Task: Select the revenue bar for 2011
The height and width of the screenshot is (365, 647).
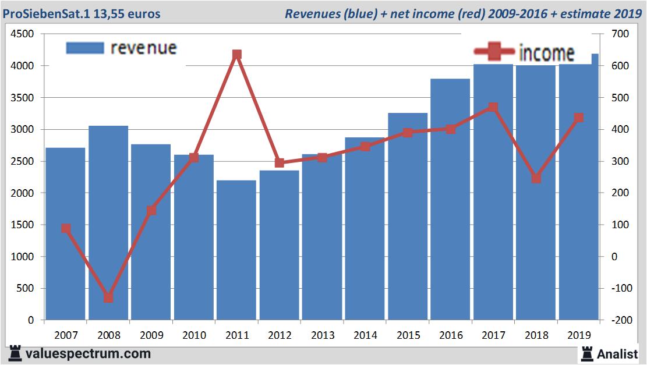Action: tap(236, 250)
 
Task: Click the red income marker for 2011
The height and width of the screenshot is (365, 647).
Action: tap(236, 55)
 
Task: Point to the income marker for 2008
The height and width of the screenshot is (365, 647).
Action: tap(108, 297)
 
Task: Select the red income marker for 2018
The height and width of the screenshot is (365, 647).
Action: tap(536, 178)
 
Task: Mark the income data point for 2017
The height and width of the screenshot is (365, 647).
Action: tap(493, 107)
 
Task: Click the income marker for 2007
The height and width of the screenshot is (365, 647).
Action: tap(66, 228)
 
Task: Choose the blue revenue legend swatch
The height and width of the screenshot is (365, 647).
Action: tap(85, 48)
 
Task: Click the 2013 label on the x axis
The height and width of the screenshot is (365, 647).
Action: tap(322, 335)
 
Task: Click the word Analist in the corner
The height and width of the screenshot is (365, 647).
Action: tap(617, 353)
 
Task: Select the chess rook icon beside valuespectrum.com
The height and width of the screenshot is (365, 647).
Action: tap(15, 353)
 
